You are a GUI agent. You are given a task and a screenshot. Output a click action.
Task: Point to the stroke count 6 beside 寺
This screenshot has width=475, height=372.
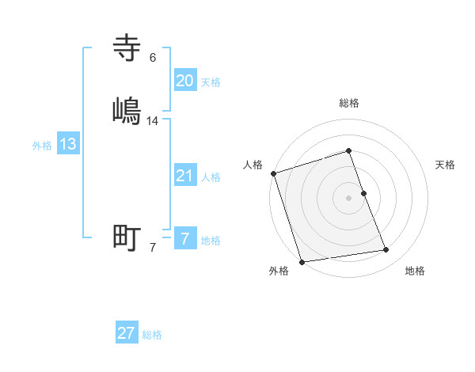coord(153,58)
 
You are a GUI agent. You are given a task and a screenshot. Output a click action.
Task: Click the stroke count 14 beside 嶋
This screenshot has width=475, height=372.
coord(153,121)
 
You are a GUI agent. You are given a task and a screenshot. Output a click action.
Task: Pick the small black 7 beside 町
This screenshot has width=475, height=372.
coord(153,248)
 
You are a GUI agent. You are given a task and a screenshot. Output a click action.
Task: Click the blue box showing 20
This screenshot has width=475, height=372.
coord(185,80)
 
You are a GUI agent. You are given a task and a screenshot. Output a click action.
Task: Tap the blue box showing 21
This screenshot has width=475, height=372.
coord(185,176)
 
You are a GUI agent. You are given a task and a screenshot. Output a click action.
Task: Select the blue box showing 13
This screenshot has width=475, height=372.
coord(68,144)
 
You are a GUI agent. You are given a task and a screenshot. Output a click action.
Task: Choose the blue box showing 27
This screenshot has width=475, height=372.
coord(127,333)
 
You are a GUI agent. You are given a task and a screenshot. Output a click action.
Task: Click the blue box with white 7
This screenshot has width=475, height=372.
coord(185,239)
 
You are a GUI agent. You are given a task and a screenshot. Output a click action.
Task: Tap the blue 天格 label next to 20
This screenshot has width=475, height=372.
coord(211,82)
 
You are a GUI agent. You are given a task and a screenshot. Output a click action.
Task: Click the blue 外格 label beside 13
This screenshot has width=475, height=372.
coord(42,146)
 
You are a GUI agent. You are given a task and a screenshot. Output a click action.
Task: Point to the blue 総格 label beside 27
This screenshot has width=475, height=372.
coord(152,335)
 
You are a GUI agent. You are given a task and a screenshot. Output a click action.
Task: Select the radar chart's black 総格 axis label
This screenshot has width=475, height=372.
coord(349,103)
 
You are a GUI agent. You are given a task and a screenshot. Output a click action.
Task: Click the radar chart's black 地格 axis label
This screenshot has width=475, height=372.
coord(415,271)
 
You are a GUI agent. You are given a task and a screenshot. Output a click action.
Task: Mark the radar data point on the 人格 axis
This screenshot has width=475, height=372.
coord(273,173)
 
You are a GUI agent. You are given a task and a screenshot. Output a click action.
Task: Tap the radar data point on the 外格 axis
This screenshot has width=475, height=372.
coord(301,261)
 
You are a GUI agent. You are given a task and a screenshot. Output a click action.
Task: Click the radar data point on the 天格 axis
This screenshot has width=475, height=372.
coord(363,193)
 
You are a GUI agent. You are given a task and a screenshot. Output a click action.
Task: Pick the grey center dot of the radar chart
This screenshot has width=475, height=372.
coord(349,198)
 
